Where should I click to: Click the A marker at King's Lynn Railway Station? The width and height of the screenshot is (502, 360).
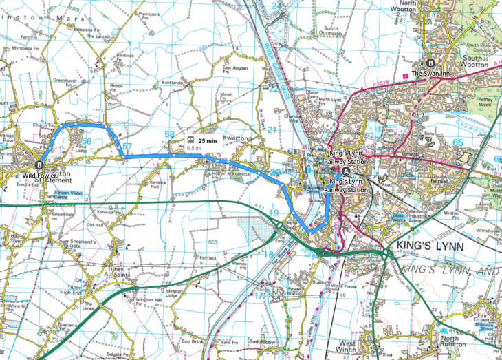pos(345,171)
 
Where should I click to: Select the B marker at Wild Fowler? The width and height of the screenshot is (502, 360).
pos(39,165)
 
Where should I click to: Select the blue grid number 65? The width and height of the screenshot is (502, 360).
pos(459,142)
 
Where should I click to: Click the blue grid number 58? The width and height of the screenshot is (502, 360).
pos(170,134)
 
